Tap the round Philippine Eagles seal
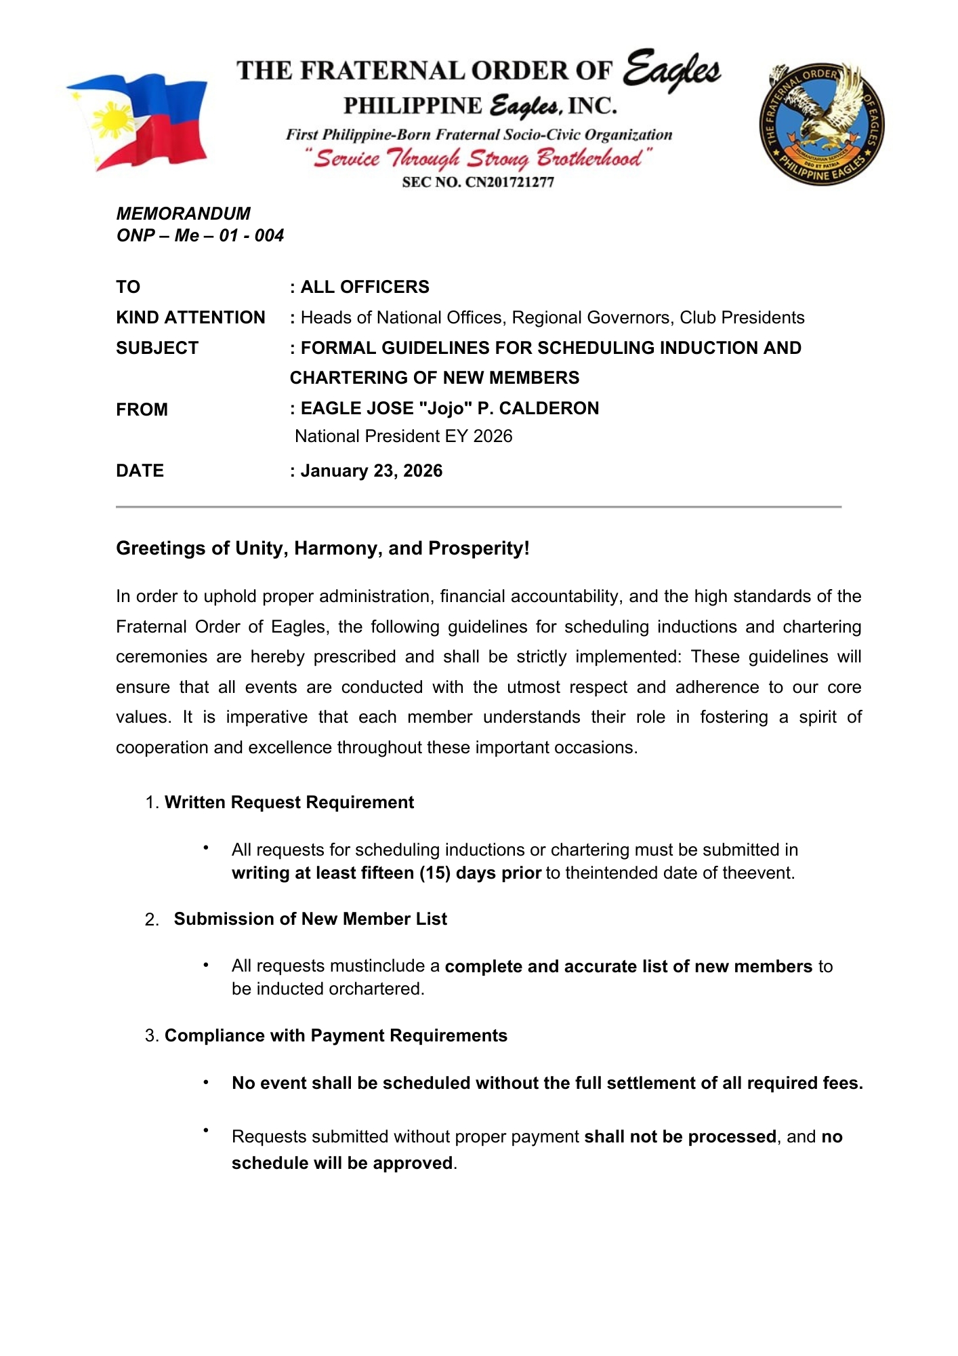point(821,125)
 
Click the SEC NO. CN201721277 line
point(478,182)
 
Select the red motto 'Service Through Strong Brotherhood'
point(478,159)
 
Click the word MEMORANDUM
point(183,214)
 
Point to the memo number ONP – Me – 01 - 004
point(200,235)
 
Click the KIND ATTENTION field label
point(190,317)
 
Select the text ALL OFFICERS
point(365,287)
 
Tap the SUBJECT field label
point(157,348)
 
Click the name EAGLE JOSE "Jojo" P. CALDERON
point(449,408)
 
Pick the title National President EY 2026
point(403,436)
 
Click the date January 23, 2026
point(371,471)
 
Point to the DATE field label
point(140,471)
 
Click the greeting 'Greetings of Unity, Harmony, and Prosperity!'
point(322,548)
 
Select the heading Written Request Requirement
point(289,802)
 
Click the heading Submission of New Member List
point(310,919)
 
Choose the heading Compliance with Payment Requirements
point(335,1035)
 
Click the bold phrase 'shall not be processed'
point(680,1136)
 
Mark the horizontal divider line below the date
point(478,506)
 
